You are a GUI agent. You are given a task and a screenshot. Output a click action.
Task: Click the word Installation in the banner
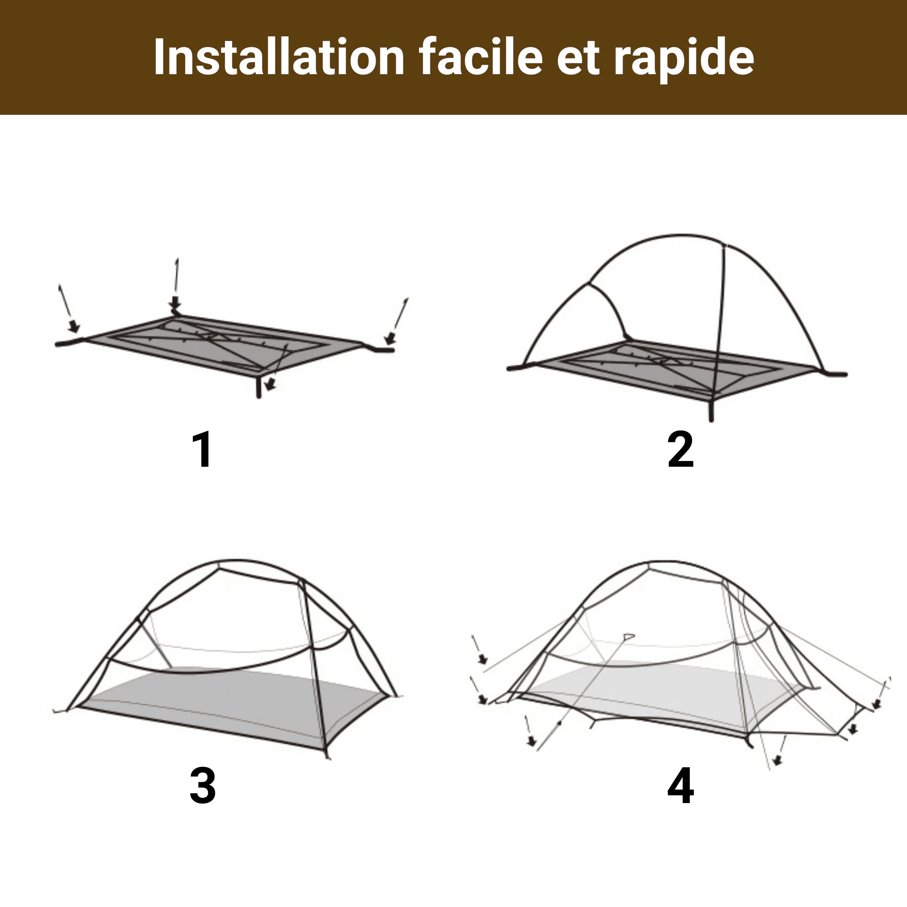click(279, 57)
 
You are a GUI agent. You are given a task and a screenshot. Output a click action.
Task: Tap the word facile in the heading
click(481, 57)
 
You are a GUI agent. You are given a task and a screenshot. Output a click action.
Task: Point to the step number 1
click(203, 449)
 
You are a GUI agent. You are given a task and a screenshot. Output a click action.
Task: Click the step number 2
click(681, 449)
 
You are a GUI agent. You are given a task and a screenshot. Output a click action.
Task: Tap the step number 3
click(203, 786)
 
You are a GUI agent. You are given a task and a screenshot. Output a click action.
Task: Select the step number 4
click(681, 786)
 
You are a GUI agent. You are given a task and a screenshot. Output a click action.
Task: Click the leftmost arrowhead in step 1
click(74, 325)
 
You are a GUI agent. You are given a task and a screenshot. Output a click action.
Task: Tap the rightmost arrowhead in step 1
click(390, 338)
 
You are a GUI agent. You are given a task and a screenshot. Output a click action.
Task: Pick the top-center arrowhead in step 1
click(176, 302)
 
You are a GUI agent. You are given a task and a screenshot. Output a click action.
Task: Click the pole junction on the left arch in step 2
click(589, 283)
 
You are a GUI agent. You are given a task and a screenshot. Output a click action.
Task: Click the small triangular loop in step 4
click(628, 636)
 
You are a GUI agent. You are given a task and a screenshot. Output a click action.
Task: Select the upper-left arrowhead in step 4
click(482, 659)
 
